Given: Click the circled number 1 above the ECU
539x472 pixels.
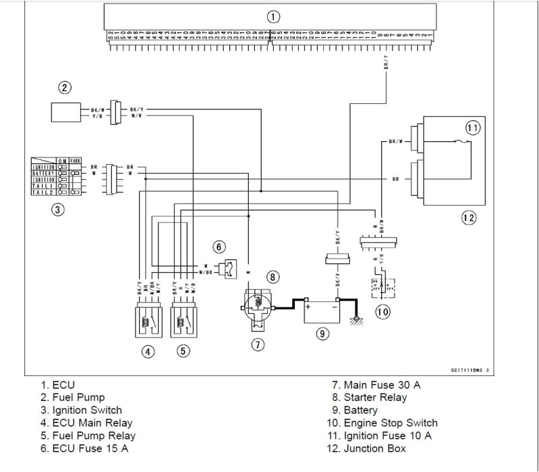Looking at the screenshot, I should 271,16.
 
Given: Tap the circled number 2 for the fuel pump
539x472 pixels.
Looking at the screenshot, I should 64,87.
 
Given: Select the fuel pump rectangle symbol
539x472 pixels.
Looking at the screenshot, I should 68,111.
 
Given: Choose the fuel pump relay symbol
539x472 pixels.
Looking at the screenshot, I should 186,317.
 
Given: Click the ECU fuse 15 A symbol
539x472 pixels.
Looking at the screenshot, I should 227,269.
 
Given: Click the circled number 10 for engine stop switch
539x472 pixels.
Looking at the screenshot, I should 382,311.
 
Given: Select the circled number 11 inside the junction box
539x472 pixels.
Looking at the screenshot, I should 474,127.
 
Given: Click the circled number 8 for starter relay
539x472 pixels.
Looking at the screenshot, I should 272,276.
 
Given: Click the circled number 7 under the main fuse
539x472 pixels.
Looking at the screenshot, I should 260,344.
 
